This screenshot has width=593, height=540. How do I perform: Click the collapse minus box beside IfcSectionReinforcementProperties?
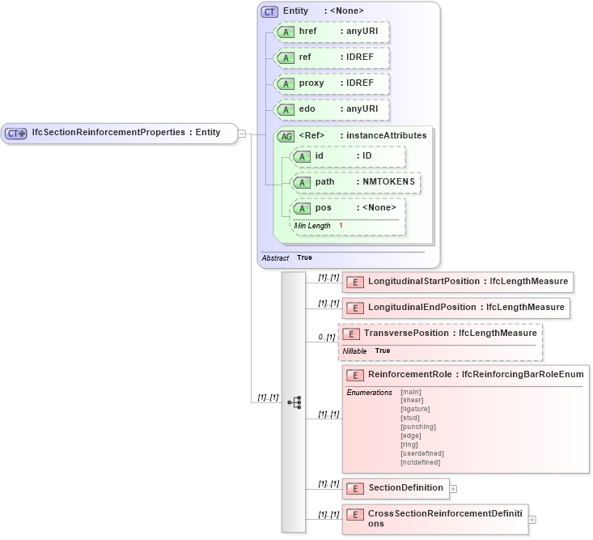241,134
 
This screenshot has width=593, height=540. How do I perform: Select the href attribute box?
333,32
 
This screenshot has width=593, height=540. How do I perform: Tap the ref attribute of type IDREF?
333,57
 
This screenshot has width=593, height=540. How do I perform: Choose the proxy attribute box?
333,83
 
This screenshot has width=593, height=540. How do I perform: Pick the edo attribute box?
333,109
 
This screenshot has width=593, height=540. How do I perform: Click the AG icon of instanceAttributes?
286,136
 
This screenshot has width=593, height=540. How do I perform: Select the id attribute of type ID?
349,156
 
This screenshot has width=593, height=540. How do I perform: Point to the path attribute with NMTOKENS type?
356,182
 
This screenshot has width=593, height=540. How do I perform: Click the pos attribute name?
324,208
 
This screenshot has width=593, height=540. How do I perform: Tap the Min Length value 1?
341,225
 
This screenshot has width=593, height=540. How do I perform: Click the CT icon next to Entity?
270,11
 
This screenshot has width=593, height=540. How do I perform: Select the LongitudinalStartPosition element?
458,282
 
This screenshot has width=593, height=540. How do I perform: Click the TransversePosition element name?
409,334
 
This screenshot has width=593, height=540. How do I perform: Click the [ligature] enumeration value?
415,409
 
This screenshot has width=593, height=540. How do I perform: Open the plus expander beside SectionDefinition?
453,488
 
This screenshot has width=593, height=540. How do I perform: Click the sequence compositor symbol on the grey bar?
294,402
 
